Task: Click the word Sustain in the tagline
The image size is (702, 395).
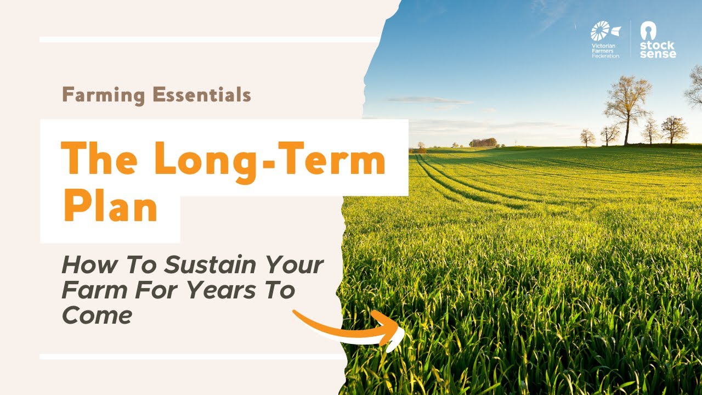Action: click(210, 266)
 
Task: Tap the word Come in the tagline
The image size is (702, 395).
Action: click(97, 315)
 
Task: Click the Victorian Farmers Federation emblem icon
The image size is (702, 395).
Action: click(602, 31)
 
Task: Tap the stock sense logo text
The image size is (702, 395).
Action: click(658, 50)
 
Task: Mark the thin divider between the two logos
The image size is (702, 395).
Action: click(630, 39)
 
